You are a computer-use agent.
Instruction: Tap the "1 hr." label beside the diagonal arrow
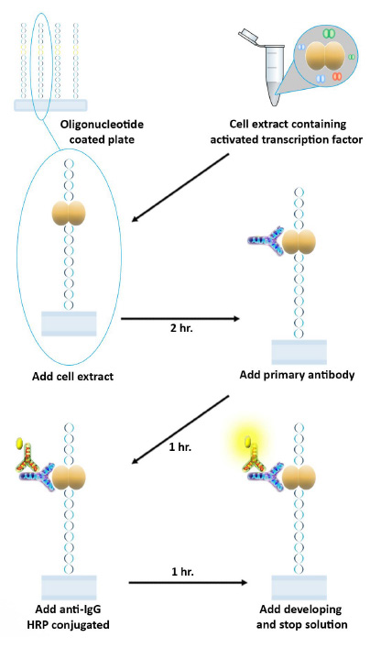[180, 447]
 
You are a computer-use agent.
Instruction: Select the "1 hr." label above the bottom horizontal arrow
[183, 572]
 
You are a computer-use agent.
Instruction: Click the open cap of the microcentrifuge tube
[248, 36]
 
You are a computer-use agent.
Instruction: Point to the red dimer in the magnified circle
[337, 76]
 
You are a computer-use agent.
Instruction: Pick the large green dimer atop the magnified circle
[328, 33]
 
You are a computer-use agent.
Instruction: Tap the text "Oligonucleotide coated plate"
[102, 131]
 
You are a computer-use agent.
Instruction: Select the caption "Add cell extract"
[72, 377]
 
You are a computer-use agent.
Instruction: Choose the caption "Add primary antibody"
[297, 375]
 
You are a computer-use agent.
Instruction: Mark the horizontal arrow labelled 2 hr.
[180, 319]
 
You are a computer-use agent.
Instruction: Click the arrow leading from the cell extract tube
[181, 188]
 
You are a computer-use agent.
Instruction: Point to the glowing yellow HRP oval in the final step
[247, 442]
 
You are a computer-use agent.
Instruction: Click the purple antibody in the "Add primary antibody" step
[266, 241]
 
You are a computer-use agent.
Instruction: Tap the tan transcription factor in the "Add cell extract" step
[69, 214]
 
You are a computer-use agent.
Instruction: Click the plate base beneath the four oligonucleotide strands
[50, 105]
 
